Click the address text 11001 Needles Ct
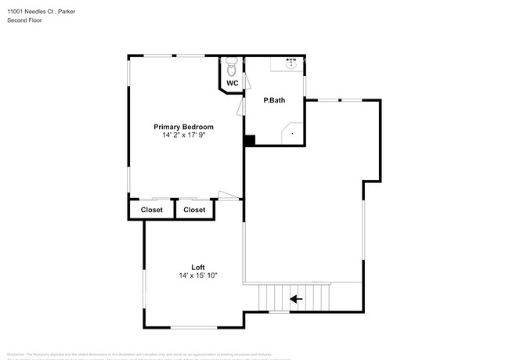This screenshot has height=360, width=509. (x=28, y=12)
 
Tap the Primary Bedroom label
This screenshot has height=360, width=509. (x=183, y=127)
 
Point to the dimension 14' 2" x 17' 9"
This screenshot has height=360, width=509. (x=183, y=135)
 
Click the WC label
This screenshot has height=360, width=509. (x=232, y=83)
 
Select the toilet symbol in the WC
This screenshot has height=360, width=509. (x=231, y=63)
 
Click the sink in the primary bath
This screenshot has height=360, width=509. (x=291, y=63)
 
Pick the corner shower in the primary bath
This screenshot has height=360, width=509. (x=293, y=134)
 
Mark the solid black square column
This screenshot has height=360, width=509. (x=249, y=141)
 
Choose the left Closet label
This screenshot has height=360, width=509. (x=151, y=210)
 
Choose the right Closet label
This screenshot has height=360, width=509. (x=194, y=210)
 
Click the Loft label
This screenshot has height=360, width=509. (x=199, y=267)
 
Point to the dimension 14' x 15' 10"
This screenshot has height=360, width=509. (x=197, y=275)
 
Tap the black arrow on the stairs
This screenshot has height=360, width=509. (x=296, y=298)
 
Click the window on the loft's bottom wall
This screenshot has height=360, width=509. (x=194, y=326)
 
